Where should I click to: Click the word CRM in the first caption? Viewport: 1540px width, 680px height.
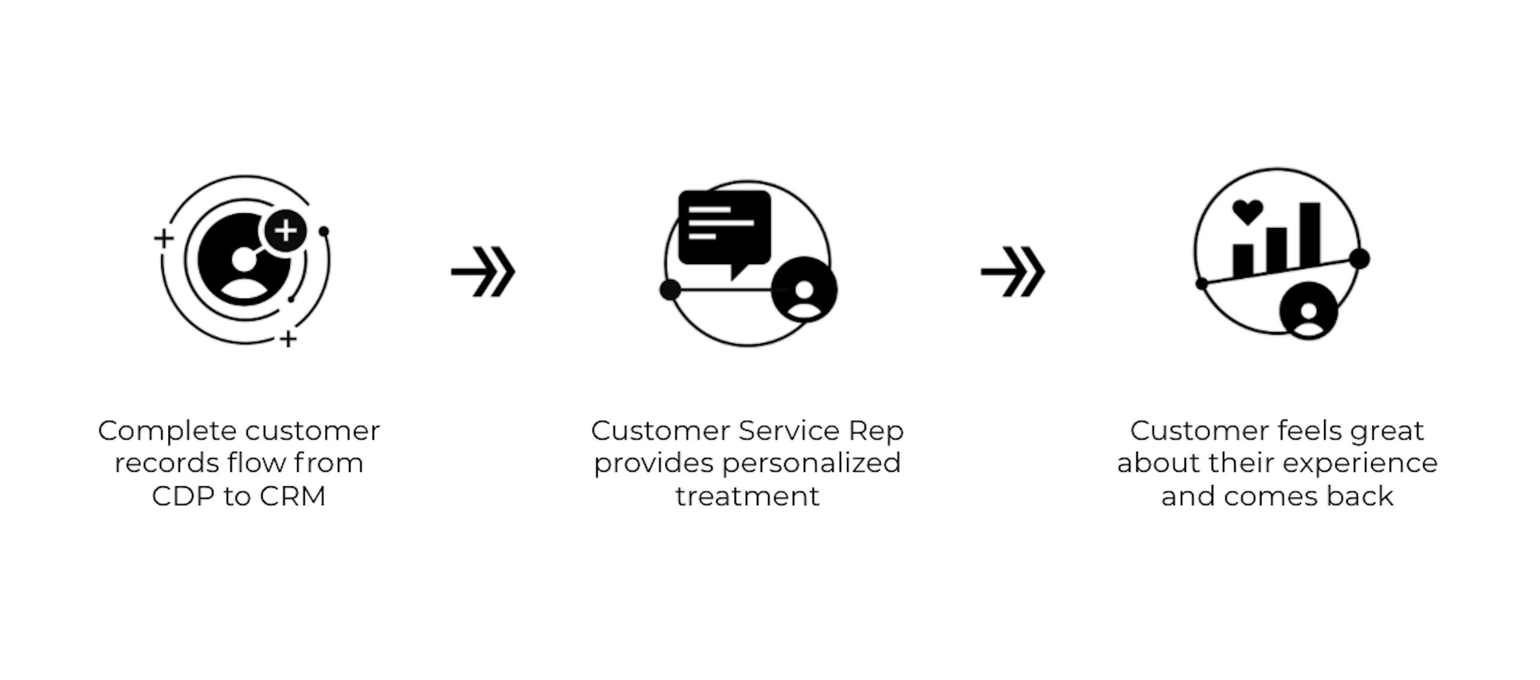(x=293, y=496)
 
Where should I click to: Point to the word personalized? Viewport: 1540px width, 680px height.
(x=812, y=463)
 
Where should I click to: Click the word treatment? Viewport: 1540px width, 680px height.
(x=747, y=496)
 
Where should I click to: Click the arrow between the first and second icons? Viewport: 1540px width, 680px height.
(x=483, y=271)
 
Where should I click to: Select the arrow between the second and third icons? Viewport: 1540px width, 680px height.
(x=1013, y=271)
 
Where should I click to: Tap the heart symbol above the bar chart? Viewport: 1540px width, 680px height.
(x=1248, y=212)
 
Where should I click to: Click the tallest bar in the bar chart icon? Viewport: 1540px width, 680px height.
(x=1310, y=236)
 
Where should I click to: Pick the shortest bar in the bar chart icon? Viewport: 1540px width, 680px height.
(x=1243, y=261)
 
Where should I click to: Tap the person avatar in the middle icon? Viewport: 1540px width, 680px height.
(x=804, y=289)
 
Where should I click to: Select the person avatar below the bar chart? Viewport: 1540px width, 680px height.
(x=1309, y=311)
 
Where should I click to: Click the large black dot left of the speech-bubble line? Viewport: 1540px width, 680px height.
(x=670, y=289)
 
